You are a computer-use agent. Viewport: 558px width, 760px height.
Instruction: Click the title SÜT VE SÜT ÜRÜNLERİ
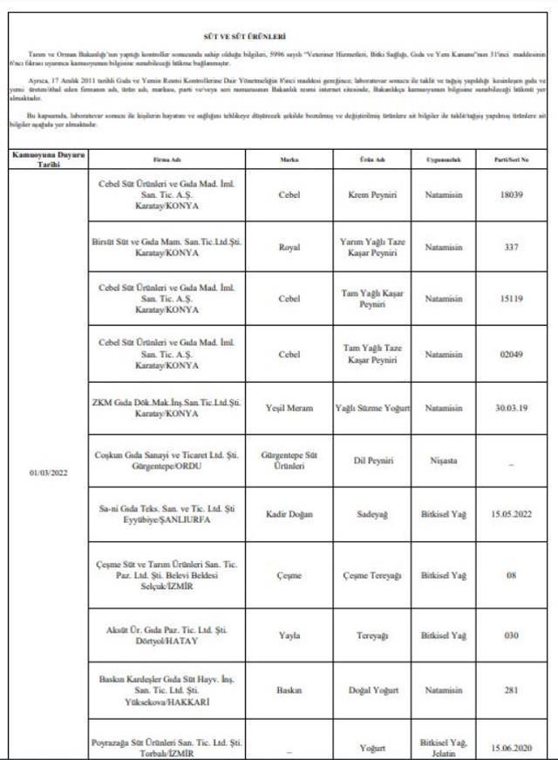click(279, 37)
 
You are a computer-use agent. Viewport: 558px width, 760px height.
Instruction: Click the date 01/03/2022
click(48, 473)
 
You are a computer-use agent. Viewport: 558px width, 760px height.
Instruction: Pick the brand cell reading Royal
click(289, 248)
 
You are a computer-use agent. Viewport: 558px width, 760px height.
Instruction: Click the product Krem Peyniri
click(372, 196)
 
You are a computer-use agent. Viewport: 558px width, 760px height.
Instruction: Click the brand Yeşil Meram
click(289, 407)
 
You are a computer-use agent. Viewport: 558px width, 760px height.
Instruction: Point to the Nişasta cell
click(443, 459)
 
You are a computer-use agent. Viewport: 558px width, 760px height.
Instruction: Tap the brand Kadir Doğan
click(289, 514)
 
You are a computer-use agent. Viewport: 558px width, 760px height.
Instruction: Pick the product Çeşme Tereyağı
click(372, 576)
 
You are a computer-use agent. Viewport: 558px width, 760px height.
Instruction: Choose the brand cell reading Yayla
click(289, 635)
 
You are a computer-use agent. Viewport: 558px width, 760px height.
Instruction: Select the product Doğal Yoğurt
click(372, 690)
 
